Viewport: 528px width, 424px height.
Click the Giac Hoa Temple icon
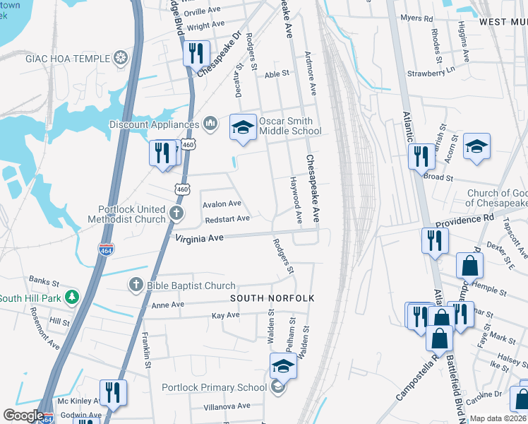click(122, 57)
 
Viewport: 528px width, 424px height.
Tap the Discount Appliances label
click(154, 124)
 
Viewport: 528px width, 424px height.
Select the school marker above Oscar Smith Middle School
click(243, 128)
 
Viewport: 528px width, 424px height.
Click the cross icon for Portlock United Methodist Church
click(177, 211)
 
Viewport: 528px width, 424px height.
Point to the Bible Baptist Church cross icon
click(135, 285)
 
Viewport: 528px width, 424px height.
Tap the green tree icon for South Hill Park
click(71, 297)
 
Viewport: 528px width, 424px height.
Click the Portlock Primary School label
click(214, 387)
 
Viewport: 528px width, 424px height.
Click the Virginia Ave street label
click(200, 239)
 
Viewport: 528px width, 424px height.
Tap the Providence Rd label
click(464, 220)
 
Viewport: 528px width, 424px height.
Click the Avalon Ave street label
click(222, 204)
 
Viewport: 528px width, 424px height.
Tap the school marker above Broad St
click(476, 146)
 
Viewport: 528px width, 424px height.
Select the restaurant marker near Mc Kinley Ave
click(112, 392)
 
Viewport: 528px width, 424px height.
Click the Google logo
click(23, 416)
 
